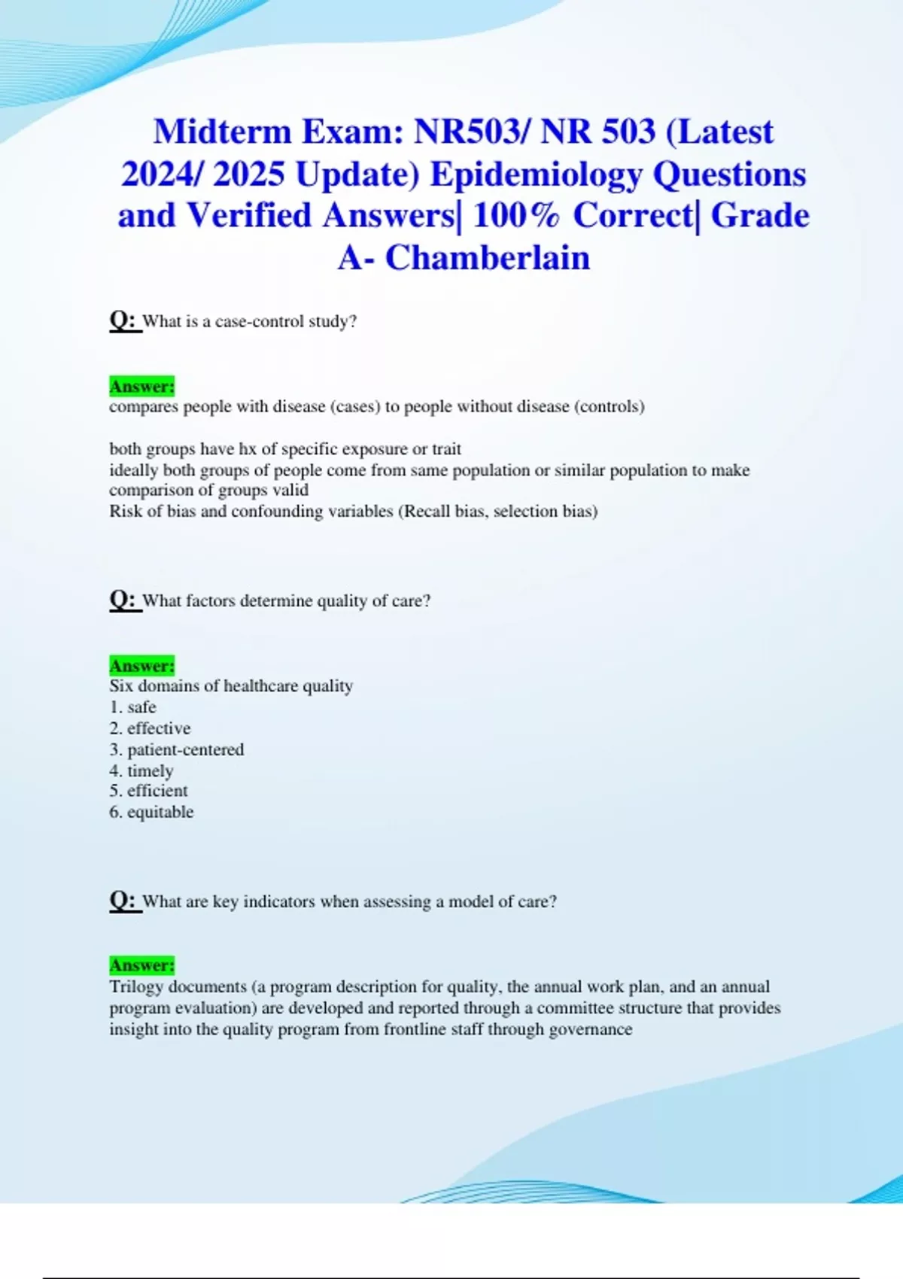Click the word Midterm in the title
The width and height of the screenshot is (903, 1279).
click(x=222, y=132)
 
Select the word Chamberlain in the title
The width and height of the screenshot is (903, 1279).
click(x=488, y=258)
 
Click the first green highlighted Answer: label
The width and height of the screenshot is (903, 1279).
click(x=141, y=386)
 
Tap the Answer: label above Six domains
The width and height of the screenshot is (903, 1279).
click(x=141, y=666)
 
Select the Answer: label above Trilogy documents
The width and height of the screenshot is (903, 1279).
click(x=141, y=965)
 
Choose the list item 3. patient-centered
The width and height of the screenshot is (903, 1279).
click(x=177, y=749)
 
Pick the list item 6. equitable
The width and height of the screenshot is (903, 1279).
click(x=151, y=812)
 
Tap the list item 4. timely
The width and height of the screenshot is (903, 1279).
click(x=141, y=770)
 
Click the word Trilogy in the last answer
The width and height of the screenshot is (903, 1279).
click(x=136, y=986)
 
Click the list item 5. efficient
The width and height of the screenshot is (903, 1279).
click(x=148, y=791)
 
